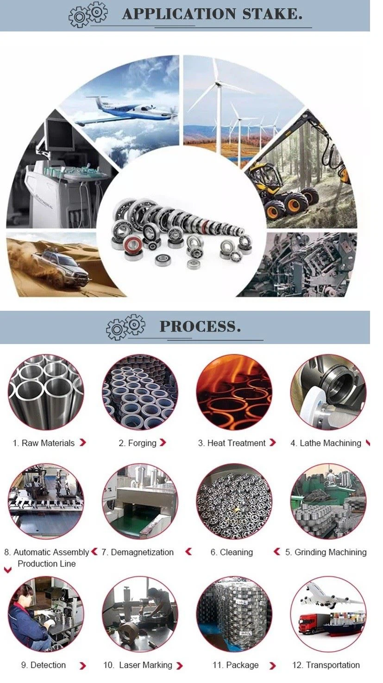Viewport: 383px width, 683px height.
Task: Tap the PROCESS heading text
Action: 200,326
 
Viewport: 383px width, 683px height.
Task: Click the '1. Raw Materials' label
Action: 44,443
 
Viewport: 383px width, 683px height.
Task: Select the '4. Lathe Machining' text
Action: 326,443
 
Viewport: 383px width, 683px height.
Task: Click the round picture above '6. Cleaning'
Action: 234,501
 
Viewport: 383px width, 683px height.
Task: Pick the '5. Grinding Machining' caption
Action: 326,552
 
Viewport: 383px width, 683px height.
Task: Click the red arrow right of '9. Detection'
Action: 82,666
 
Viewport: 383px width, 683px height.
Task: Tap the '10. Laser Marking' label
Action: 138,665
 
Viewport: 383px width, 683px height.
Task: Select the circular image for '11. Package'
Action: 234,614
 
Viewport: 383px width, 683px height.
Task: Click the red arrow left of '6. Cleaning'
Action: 277,552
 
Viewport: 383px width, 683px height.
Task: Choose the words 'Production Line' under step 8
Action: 46,564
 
